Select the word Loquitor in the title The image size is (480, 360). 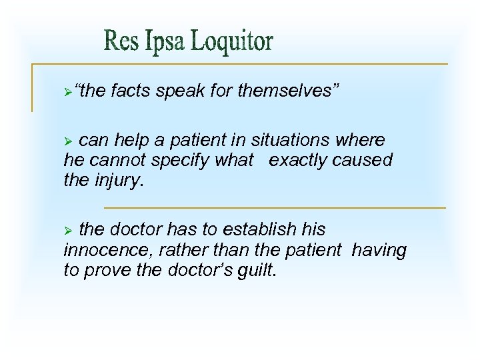231,41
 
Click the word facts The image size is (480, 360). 132,91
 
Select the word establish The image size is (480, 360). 259,230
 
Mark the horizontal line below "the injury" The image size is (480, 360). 275,207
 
